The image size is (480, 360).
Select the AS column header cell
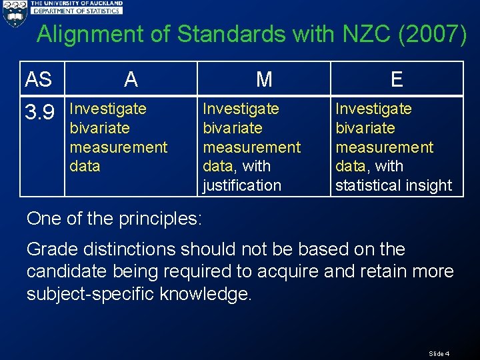(39, 79)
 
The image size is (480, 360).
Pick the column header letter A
(131, 79)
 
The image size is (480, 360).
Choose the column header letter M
(264, 79)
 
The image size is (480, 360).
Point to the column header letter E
(397, 79)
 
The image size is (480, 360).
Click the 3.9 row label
(39, 112)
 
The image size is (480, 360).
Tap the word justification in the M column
(241, 185)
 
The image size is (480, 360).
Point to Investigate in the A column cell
(107, 109)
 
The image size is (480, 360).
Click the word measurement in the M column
(251, 147)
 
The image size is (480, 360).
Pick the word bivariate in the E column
(365, 128)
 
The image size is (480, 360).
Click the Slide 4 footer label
(439, 353)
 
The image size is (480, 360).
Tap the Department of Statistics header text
(77, 11)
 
